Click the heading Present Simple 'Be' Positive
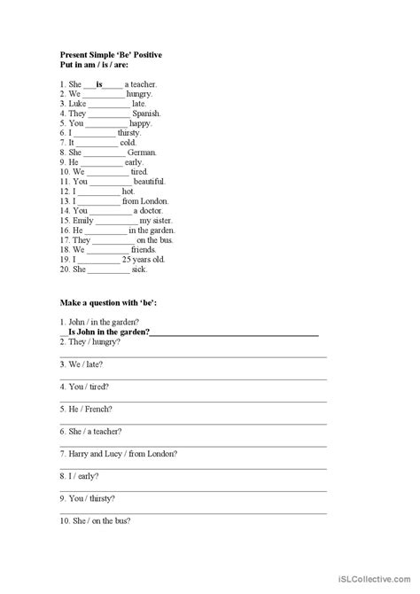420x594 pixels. click(110, 55)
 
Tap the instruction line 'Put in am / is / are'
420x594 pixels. click(97, 65)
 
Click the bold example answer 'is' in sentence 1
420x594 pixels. click(99, 84)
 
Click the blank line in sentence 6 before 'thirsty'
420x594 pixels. click(91, 133)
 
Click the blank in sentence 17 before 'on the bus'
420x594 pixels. click(113, 239)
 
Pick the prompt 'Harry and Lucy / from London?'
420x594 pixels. click(119, 453)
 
